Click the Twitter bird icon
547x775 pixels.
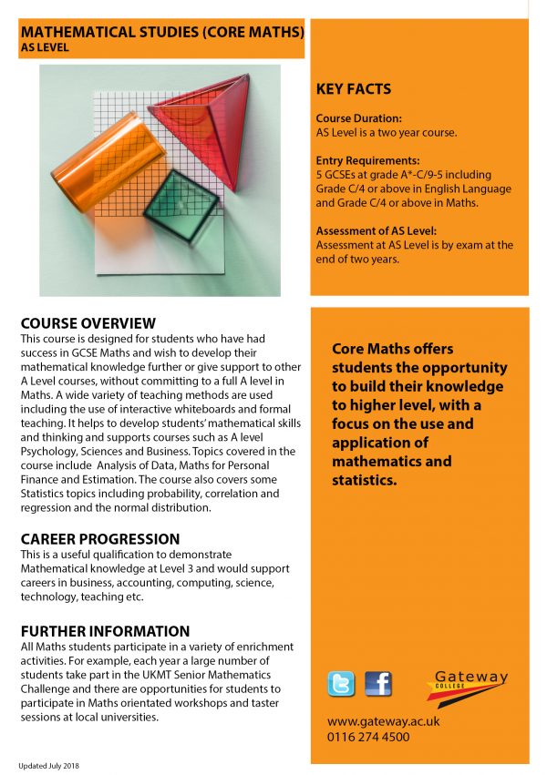click(x=340, y=683)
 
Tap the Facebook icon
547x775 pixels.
click(x=377, y=683)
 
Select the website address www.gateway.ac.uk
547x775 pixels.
click(x=384, y=720)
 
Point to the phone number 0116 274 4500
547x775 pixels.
click(x=368, y=737)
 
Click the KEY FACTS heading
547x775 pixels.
click(x=353, y=89)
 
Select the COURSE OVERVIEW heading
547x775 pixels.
click(x=88, y=323)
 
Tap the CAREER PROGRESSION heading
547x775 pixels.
click(x=100, y=539)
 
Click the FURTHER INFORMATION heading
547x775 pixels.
click(x=105, y=631)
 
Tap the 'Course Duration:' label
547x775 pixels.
click(x=358, y=118)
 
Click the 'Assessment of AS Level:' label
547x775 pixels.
click(x=376, y=230)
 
